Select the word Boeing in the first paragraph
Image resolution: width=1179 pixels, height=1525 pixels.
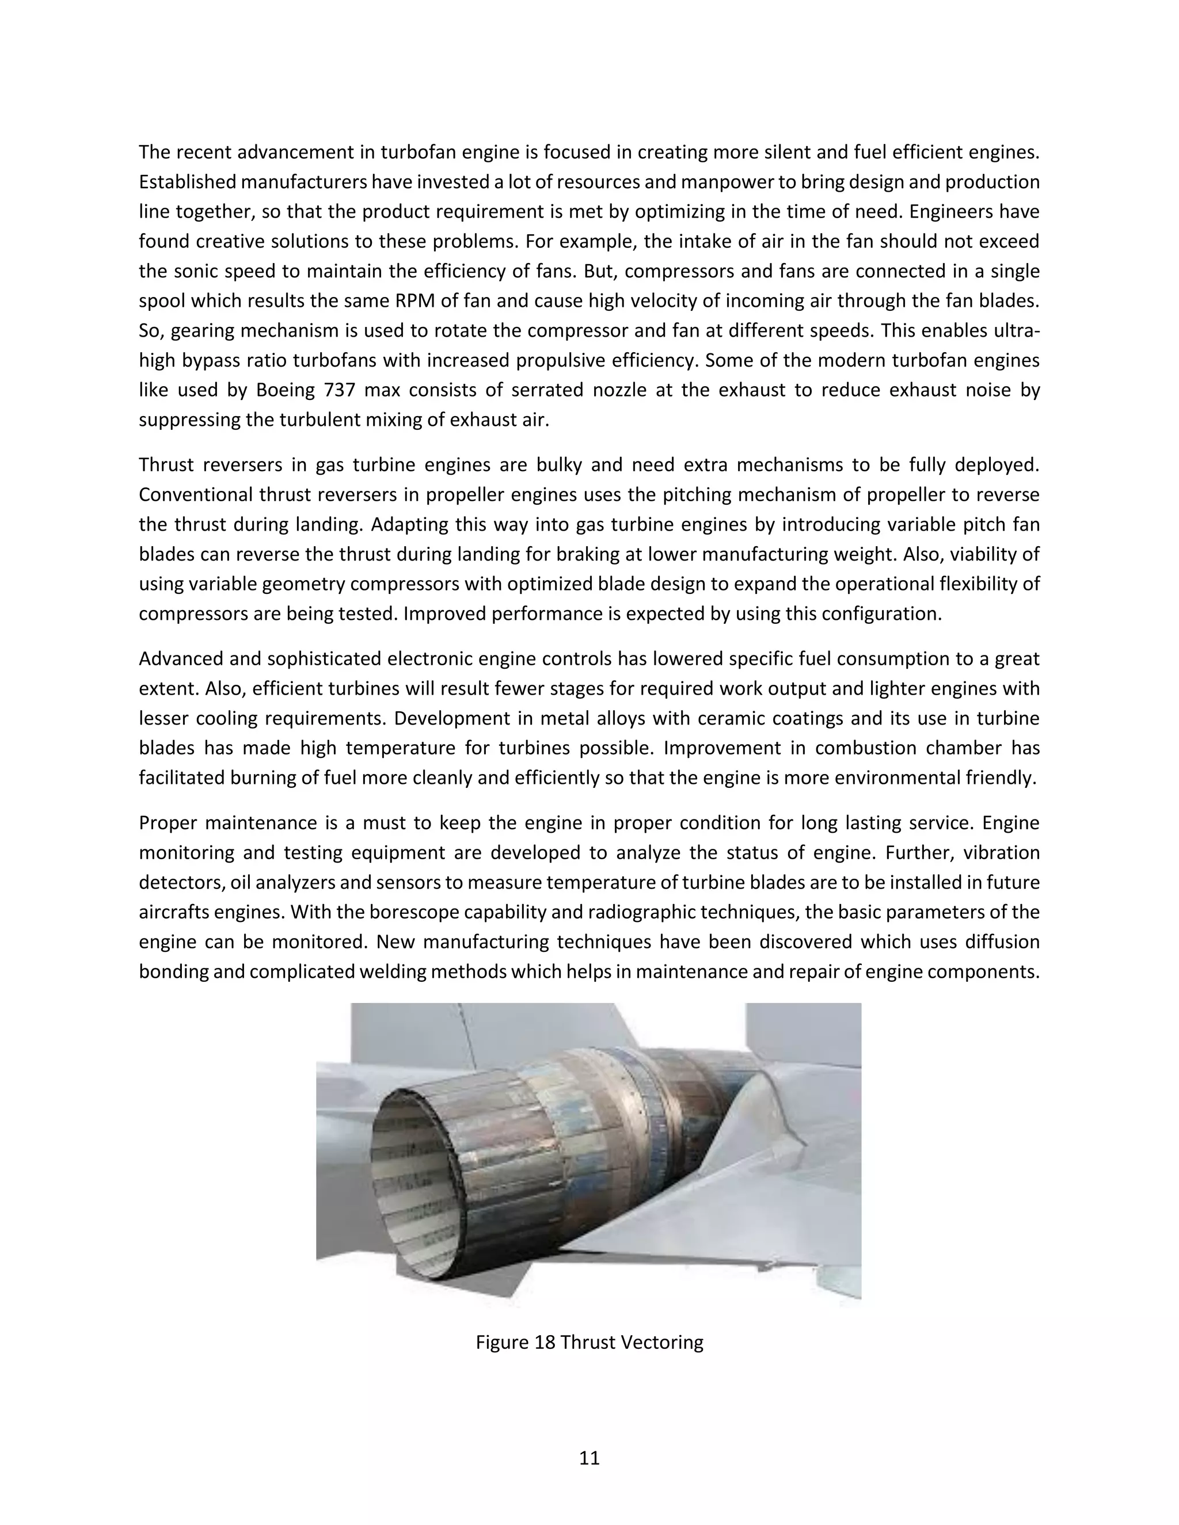click(x=284, y=390)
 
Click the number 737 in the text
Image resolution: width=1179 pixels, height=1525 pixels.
click(x=341, y=390)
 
